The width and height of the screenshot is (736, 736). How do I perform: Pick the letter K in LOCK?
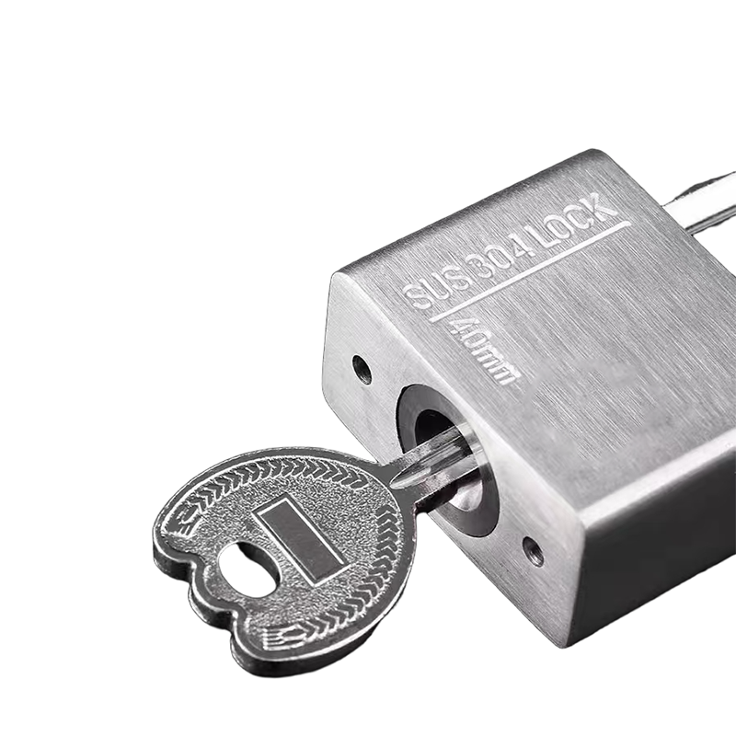coord(604,206)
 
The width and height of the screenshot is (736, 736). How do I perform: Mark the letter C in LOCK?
coord(586,216)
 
